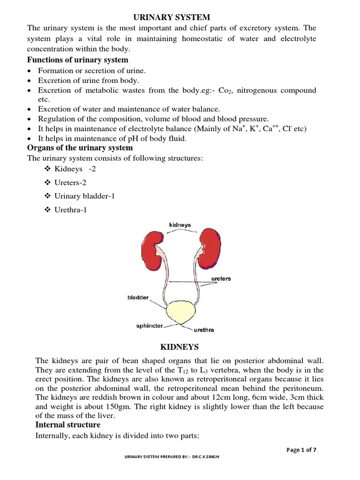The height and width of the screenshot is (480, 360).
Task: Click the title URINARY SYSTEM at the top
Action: (169, 17)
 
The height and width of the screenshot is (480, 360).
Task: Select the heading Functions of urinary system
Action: (78, 60)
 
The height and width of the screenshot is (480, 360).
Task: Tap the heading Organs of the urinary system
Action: (80, 148)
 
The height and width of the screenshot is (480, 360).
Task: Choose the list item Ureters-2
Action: (71, 182)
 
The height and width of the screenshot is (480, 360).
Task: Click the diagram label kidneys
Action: (180, 225)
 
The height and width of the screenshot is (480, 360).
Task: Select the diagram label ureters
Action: (220, 278)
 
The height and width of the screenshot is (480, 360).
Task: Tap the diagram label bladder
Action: (138, 297)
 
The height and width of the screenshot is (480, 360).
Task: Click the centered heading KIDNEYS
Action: (180, 347)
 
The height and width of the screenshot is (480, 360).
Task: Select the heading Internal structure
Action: (68, 425)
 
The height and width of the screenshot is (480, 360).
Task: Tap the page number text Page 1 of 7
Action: (301, 450)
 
